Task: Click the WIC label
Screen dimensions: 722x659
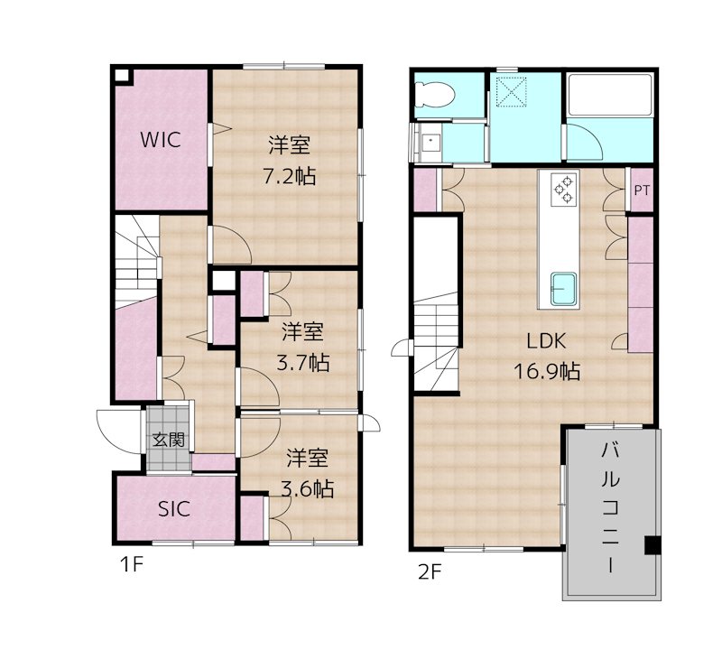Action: (x=161, y=140)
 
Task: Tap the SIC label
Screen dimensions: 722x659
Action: (x=174, y=509)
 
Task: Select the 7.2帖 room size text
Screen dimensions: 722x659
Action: (x=289, y=176)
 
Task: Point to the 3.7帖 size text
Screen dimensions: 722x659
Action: (x=302, y=363)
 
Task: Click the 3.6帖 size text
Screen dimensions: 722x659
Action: (x=307, y=489)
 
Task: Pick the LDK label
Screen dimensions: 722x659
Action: (x=546, y=341)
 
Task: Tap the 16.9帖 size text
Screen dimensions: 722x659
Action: (x=547, y=371)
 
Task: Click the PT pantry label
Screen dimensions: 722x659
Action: (x=642, y=190)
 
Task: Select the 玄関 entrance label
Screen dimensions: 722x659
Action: (x=169, y=441)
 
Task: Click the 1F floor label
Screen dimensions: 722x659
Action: (x=132, y=564)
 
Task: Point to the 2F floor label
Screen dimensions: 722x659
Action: (x=430, y=572)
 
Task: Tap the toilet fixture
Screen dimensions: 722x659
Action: (x=435, y=95)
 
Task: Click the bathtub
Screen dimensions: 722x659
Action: (x=611, y=94)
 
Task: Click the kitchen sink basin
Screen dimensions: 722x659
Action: (x=564, y=288)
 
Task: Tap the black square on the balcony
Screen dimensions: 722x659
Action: (x=653, y=545)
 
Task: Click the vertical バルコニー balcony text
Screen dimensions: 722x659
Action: (x=610, y=508)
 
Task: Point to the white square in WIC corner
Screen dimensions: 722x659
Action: (x=122, y=76)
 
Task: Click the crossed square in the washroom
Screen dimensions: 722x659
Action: (x=512, y=92)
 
